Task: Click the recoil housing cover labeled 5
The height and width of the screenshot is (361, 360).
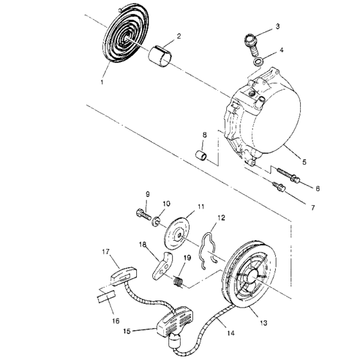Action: pyautogui.click(x=270, y=116)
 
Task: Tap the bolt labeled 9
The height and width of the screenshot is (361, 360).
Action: pyautogui.click(x=142, y=213)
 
